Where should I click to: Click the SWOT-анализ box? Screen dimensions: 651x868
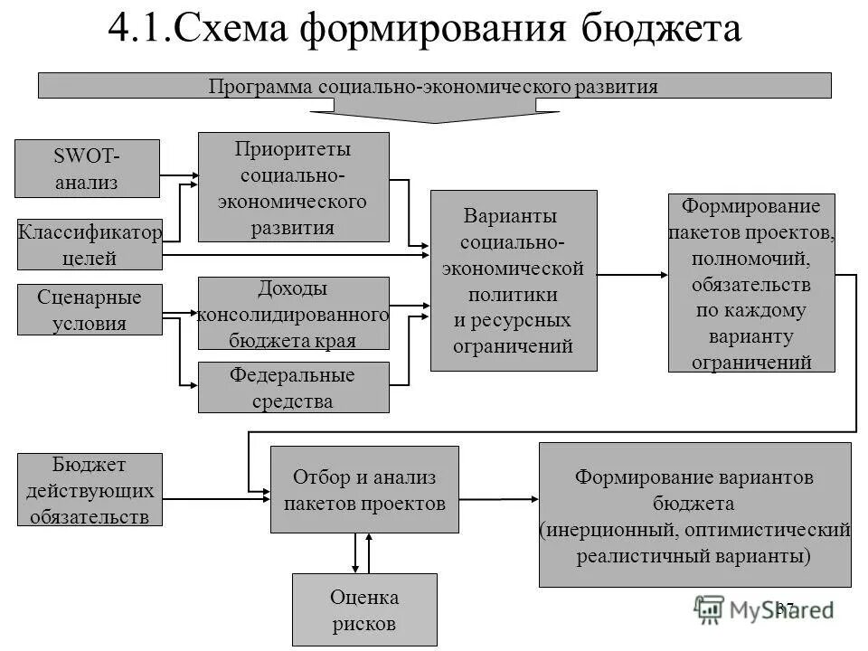89,167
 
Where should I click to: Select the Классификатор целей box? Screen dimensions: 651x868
90,244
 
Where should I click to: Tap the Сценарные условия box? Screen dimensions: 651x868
90,309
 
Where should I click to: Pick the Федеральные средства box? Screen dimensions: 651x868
293,387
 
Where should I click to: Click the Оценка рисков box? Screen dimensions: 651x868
363,609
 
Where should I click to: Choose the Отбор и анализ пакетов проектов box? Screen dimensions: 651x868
363,489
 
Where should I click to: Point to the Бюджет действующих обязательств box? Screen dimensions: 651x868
90,489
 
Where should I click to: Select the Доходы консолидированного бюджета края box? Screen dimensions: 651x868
293,313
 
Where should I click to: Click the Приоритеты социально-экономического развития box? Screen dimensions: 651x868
293,187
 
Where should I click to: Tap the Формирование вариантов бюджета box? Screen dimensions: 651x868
694,514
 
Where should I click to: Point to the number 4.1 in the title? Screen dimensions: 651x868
135,29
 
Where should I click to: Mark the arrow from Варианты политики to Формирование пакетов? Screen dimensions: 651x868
632,272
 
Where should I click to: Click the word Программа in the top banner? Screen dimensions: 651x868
261,87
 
